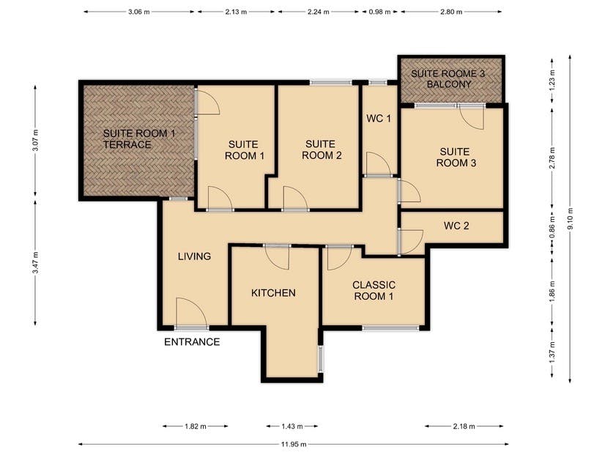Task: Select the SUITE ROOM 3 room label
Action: coord(456,158)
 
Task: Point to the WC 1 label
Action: coord(379,119)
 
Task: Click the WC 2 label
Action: coord(456,226)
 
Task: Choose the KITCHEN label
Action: coord(273,293)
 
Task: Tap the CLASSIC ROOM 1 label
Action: coord(374,290)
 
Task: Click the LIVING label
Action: coord(194,256)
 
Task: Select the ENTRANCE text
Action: coord(191,342)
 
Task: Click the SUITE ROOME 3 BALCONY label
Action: coord(450,79)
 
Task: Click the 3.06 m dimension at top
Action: coord(139,12)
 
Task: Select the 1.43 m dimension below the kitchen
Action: coord(291,426)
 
